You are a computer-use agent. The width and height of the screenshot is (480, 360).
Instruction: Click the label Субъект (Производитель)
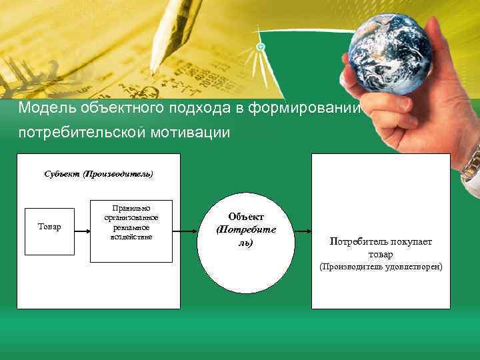tap(99, 174)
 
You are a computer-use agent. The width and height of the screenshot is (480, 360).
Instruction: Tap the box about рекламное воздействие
tap(131, 230)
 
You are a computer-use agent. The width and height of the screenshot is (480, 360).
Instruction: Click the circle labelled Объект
tap(245, 231)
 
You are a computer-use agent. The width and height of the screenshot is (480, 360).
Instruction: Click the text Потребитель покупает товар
tap(381, 248)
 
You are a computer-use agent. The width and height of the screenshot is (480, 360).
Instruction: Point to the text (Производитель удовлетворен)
tap(381, 267)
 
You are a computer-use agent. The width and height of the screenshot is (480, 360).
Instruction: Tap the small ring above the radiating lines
tap(261, 47)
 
